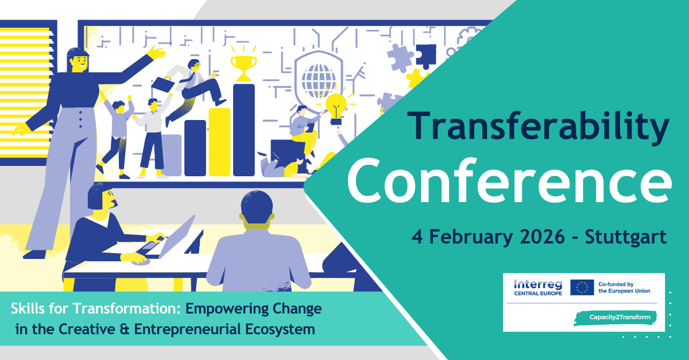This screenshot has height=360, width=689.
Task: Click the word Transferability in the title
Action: (x=538, y=126)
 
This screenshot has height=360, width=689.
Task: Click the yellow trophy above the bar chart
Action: (x=243, y=62)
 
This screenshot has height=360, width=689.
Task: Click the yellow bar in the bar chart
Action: (x=219, y=142)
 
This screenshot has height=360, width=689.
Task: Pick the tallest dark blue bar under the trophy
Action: (x=244, y=130)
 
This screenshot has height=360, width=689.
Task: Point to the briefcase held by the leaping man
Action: (x=162, y=83)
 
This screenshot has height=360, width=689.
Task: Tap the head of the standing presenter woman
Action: (x=78, y=60)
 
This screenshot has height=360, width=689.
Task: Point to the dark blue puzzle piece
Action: (x=426, y=56)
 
